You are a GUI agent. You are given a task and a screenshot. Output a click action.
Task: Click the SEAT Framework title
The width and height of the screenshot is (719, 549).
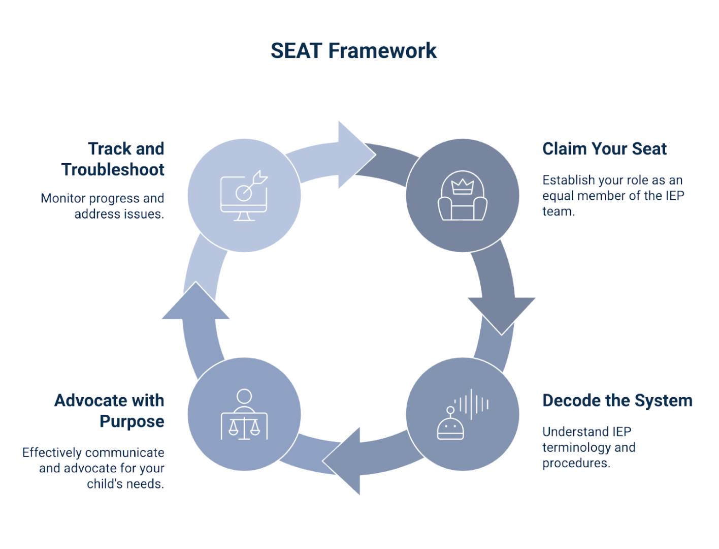point(353,51)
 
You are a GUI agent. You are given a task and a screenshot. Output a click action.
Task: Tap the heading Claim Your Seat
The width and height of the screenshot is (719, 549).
point(604,149)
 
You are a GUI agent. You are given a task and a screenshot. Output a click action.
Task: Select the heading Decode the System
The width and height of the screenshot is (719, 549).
point(617,401)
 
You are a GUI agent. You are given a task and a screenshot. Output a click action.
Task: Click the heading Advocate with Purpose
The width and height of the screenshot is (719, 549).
point(109,411)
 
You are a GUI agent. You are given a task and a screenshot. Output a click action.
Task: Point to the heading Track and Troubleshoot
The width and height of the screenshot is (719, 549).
point(113,159)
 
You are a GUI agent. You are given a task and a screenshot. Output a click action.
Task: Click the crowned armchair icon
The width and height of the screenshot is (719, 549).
point(462,196)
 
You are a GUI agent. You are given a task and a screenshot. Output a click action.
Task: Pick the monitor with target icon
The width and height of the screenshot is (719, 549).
point(244,196)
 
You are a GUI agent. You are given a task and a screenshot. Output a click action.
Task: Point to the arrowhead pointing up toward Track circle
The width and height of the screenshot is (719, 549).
point(195,302)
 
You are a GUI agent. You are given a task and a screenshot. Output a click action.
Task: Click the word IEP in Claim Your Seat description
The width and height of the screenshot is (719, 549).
point(675,196)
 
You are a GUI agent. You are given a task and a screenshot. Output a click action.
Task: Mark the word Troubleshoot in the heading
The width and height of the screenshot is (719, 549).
point(113,170)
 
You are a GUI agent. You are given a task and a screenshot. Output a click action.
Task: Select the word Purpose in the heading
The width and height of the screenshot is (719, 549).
point(132,421)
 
